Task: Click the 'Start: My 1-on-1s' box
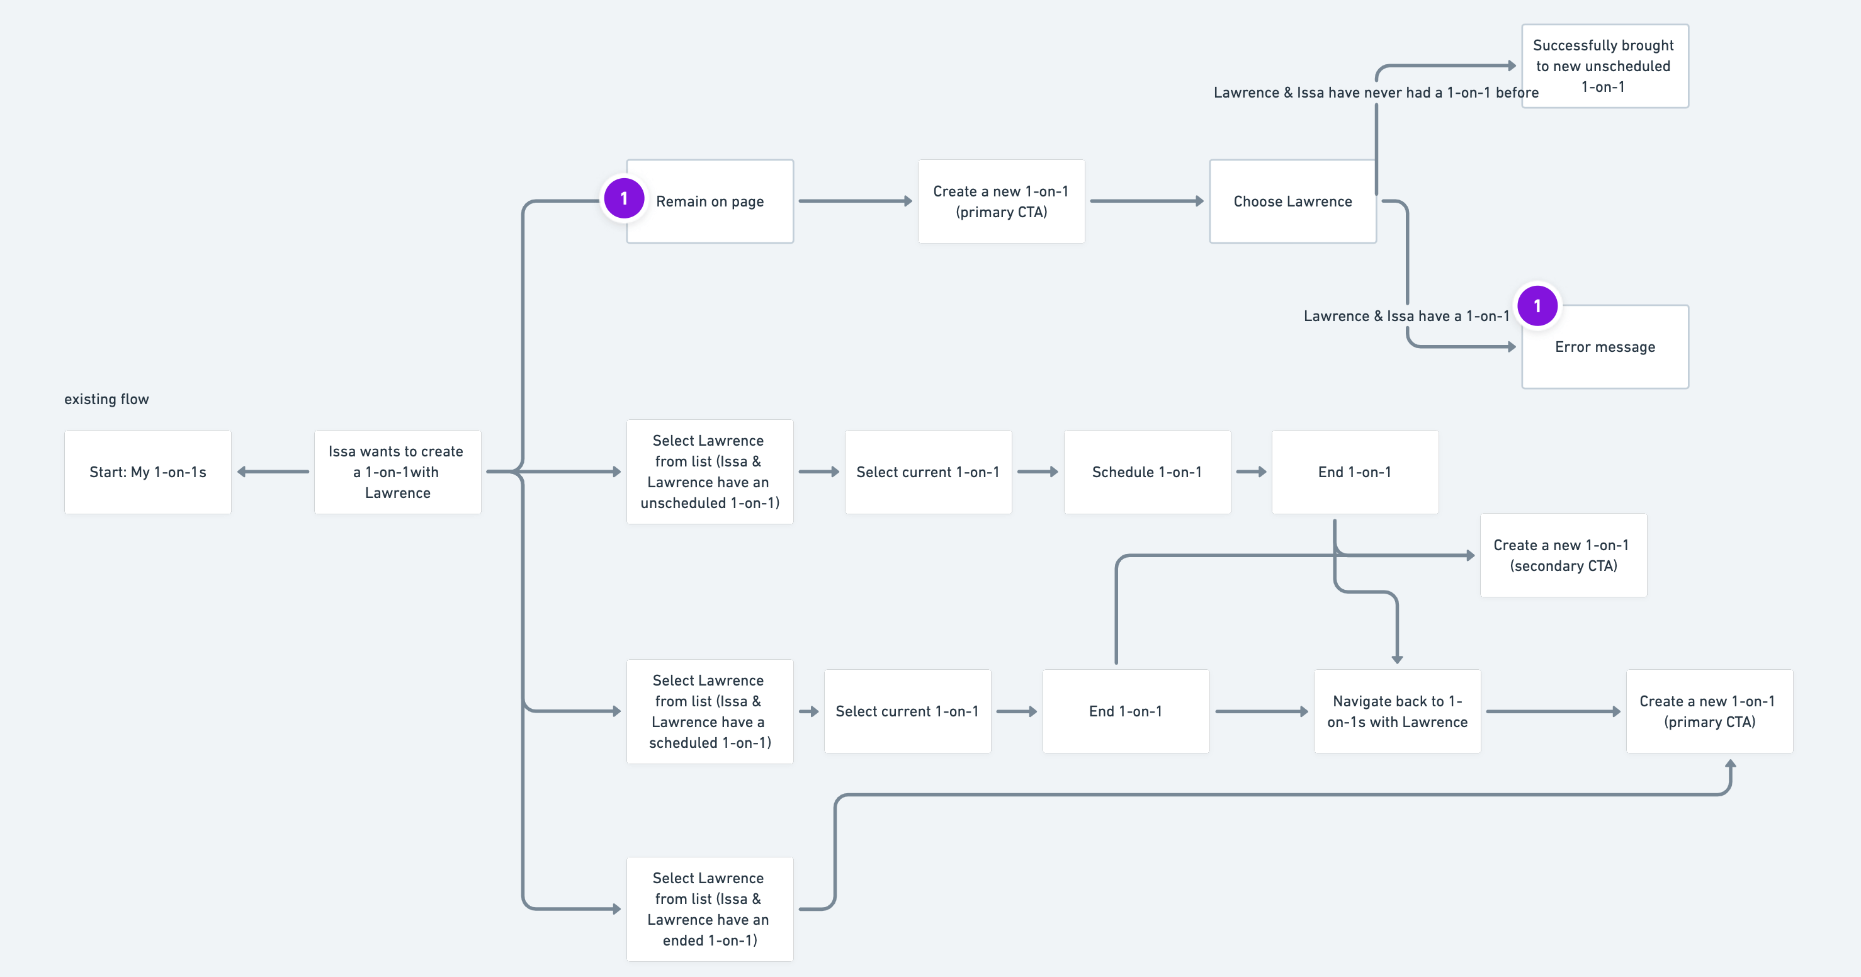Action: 147,472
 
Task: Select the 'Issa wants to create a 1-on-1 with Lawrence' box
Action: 397,472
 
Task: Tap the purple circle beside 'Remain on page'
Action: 624,198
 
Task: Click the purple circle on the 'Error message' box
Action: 1537,306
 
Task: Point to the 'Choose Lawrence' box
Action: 1292,201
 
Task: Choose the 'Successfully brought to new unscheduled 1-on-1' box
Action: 1604,65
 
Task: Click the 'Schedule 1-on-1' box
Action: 1146,472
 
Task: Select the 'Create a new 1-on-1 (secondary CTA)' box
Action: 1563,555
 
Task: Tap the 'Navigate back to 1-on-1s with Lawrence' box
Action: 1396,711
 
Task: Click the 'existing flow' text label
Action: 106,399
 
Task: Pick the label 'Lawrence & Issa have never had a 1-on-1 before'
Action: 1375,93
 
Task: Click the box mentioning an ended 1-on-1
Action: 709,908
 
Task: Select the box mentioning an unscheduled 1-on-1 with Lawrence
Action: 709,472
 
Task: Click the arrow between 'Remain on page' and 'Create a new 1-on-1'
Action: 855,201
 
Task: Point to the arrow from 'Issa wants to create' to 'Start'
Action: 273,472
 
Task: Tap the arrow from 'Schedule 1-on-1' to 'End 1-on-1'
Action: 1250,472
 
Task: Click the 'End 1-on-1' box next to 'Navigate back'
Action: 1125,711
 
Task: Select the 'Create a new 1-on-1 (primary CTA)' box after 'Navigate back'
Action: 1709,711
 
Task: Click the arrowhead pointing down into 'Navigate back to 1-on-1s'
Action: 1396,658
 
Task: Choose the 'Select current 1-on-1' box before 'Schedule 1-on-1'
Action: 927,472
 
